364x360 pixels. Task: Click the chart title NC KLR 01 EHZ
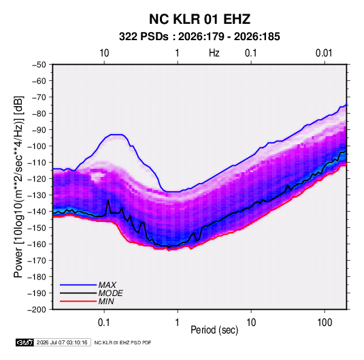tap(199, 19)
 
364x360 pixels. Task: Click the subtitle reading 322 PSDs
tap(144, 37)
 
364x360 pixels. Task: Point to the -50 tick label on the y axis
tap(39, 65)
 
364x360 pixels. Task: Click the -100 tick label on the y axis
tap(37, 146)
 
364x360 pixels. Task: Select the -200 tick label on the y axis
tap(37, 310)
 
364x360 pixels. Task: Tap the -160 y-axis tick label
tap(37, 244)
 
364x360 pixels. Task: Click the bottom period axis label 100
tap(325, 323)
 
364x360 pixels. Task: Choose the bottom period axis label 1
tap(178, 323)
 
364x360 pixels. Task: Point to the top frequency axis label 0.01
tap(324, 53)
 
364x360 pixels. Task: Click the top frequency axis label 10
tap(104, 53)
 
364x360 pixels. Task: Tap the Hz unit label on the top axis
tap(214, 53)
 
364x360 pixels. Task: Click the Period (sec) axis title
tap(214, 330)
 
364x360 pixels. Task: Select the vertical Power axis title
tap(18, 187)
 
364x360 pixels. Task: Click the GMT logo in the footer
tap(25, 342)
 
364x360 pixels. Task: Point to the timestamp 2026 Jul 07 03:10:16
tap(62, 342)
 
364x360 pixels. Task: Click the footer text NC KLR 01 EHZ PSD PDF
tap(122, 342)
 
